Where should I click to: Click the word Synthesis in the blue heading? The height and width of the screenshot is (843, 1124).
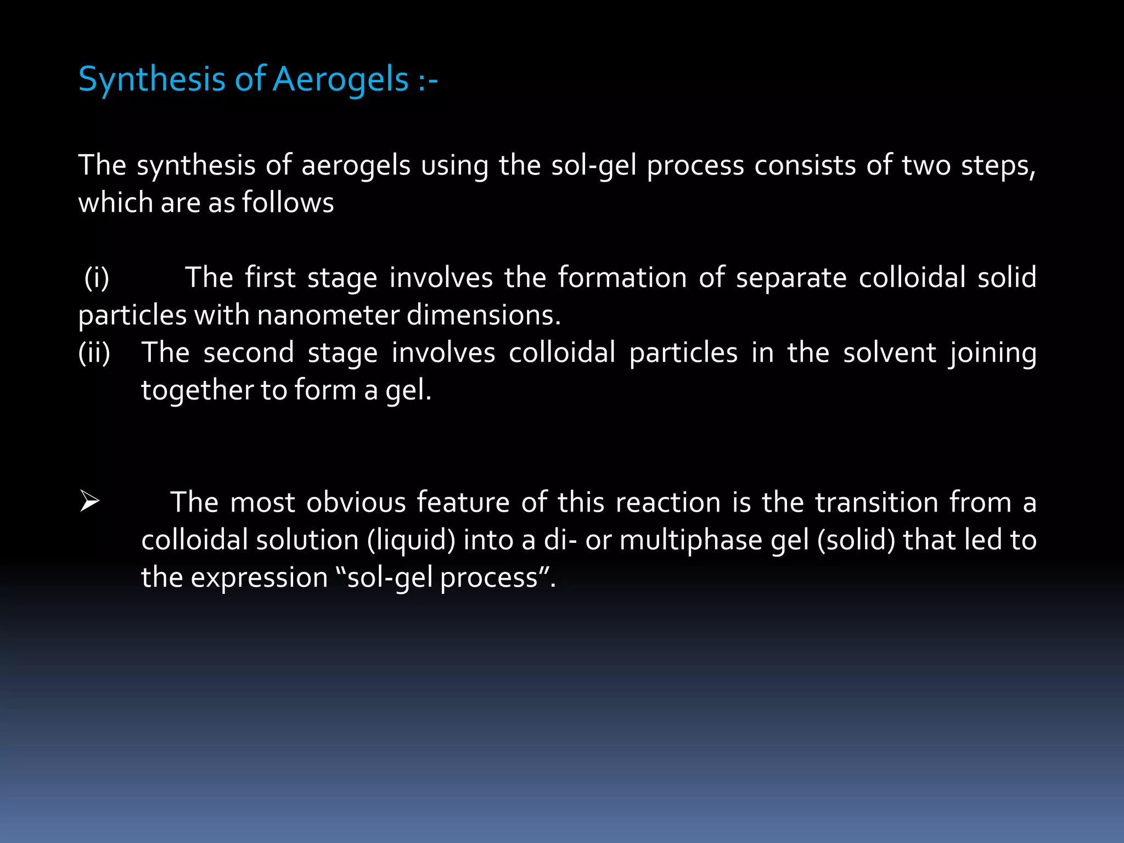point(151,79)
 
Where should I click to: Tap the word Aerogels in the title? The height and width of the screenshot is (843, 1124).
point(341,79)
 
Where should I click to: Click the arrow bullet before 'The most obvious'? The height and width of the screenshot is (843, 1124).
point(89,502)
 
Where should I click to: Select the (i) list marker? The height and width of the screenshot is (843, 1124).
point(97,277)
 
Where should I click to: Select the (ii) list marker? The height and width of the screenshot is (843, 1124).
point(94,352)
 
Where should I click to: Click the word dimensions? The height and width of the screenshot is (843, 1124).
point(484,315)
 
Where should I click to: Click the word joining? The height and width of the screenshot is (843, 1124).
point(993,352)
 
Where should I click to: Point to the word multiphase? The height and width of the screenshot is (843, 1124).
point(690,540)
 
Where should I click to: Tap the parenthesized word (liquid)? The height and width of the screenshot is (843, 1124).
point(411,540)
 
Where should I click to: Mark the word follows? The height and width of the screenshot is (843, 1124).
point(288,203)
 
